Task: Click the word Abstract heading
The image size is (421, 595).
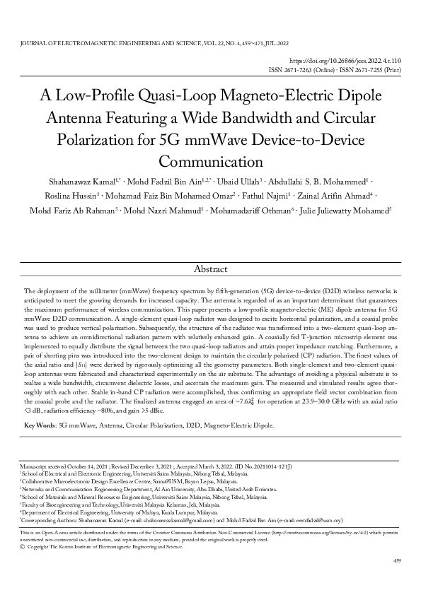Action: [x=210, y=269]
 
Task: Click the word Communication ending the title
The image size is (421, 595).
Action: [x=210, y=160]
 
